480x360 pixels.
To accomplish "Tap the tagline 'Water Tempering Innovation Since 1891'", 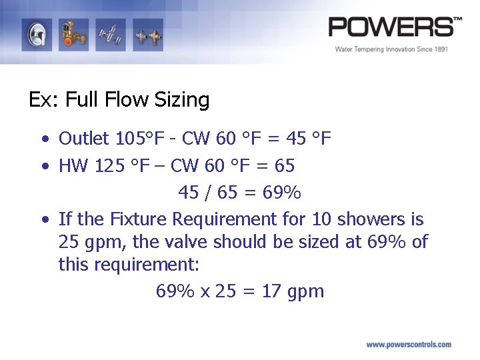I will tap(391, 49).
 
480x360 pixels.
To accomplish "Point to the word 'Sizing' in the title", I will tap(181, 100).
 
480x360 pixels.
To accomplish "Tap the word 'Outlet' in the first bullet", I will tap(83, 139).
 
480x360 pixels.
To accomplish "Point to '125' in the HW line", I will tap(109, 165).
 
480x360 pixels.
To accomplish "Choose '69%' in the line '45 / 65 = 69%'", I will tap(282, 193).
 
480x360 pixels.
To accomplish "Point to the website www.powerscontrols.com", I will tap(409, 345).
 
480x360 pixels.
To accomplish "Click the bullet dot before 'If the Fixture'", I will tap(43, 219).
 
